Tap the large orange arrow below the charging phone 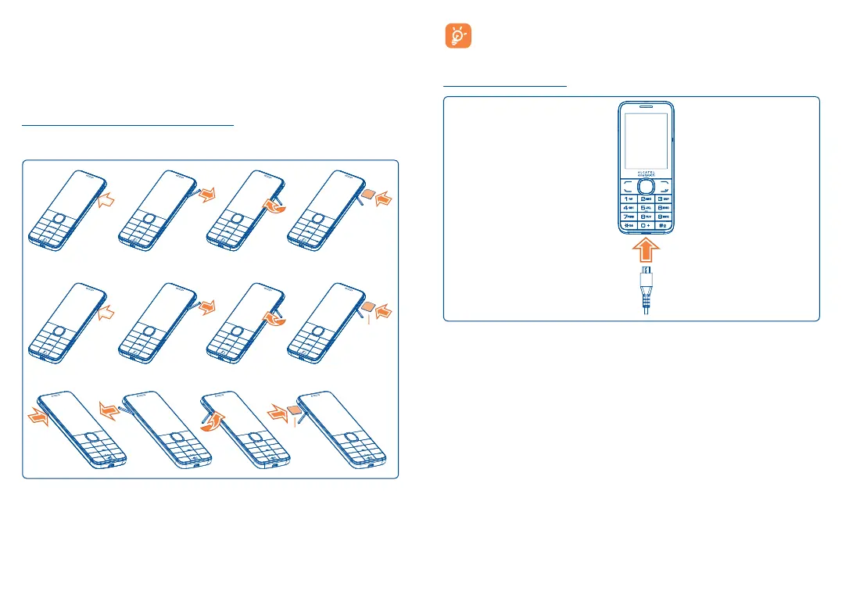point(643,252)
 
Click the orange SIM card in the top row point(367,191)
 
